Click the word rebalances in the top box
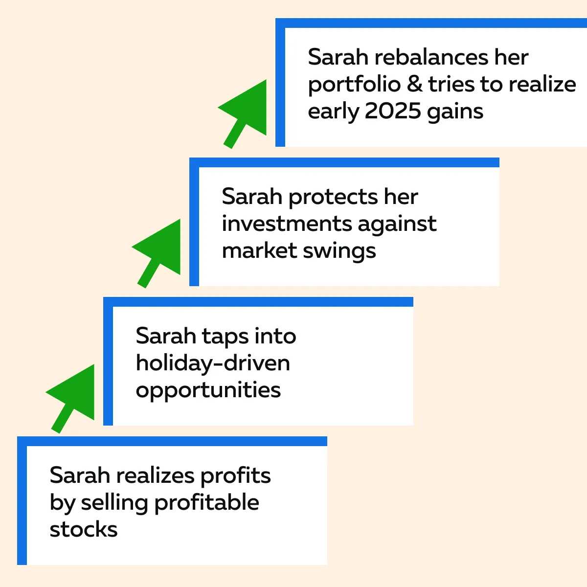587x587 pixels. coord(431,57)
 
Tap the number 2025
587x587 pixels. coord(393,111)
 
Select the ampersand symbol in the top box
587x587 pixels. coord(414,84)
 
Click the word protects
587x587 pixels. coord(333,198)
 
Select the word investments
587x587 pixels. coord(287,224)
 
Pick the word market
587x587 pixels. coord(260,250)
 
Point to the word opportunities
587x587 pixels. coord(208,391)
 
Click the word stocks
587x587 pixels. coord(84,529)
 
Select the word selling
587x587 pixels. coord(114,503)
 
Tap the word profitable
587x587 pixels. coord(207,503)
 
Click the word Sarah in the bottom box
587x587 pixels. coord(80,475)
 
